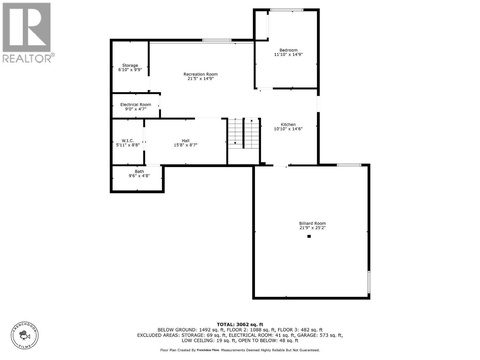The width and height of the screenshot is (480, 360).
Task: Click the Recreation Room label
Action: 200,74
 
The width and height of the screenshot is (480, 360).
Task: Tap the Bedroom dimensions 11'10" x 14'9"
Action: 288,55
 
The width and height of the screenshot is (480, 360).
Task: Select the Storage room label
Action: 130,65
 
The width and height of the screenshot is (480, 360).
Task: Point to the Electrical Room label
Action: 136,105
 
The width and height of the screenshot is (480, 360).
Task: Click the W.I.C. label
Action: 128,141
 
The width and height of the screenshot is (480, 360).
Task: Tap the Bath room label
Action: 139,172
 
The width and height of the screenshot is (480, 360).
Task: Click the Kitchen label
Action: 288,124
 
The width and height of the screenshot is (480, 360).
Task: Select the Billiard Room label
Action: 312,223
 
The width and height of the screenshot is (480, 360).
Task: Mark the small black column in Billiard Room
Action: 309,236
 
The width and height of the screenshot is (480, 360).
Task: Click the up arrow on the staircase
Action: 251,121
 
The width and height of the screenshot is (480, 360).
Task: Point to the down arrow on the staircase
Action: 235,143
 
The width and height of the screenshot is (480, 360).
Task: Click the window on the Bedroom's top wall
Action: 286,10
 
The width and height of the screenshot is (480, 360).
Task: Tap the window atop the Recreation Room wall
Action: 217,40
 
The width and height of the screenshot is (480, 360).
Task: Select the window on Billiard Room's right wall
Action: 369,282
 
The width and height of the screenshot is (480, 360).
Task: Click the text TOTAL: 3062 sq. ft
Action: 240,324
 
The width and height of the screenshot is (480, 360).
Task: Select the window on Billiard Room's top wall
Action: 349,165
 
